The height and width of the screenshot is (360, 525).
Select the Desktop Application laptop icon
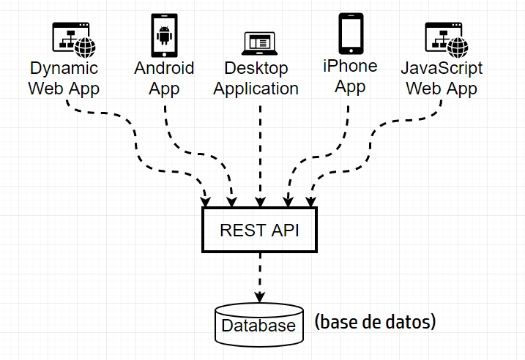point(259,43)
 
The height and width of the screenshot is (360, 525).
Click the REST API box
point(259,230)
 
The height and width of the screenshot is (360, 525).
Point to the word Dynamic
point(64,69)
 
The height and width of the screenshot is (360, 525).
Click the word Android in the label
point(164,68)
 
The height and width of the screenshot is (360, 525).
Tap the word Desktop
point(256,69)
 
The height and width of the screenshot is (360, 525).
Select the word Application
point(256,89)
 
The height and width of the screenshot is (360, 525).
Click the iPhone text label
point(350,67)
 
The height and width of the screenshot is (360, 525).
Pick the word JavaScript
point(442,69)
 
